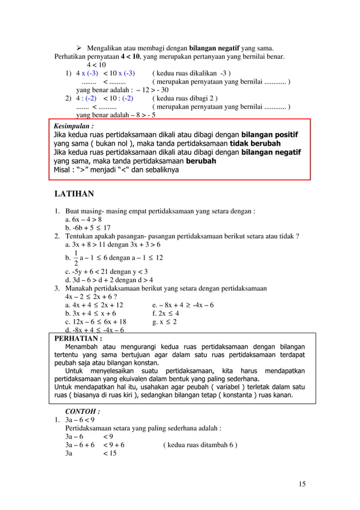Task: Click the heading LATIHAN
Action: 73,195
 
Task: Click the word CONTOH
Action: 83,412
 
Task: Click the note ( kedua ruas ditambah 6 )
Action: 199,444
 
